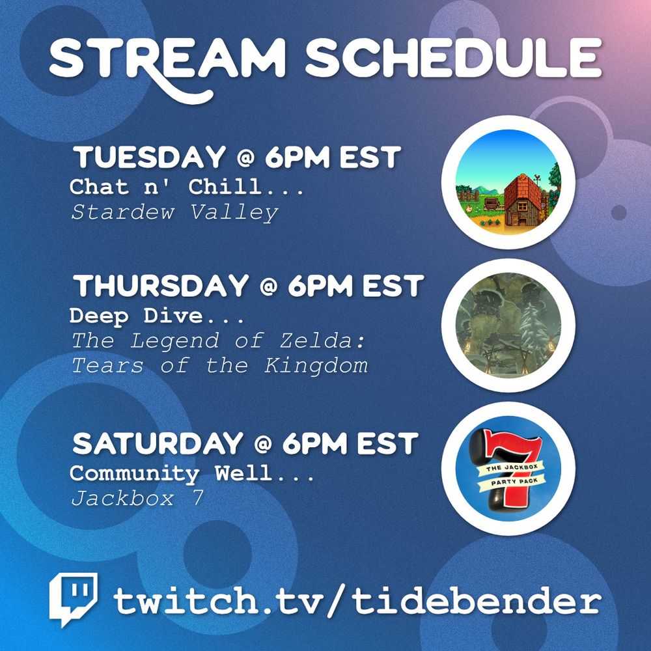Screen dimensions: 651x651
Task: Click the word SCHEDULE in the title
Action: click(453, 58)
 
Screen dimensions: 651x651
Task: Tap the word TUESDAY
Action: click(150, 158)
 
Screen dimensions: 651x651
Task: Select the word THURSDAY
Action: click(161, 286)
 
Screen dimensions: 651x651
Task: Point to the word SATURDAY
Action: click(158, 443)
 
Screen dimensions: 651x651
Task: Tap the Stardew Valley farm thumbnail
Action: click(508, 182)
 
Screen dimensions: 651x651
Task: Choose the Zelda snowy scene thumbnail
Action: click(508, 325)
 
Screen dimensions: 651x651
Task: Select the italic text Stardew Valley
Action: click(174, 213)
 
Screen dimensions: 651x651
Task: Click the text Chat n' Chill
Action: click(187, 187)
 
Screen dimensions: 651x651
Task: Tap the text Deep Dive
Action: click(157, 316)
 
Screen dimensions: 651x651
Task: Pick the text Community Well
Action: click(192, 473)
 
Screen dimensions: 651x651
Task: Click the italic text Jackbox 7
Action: click(137, 498)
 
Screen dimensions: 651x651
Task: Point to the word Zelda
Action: click(322, 341)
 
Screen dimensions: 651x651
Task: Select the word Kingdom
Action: click(316, 366)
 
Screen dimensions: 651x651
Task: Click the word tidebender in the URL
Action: click(477, 600)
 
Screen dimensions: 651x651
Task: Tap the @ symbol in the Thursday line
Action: click(269, 286)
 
